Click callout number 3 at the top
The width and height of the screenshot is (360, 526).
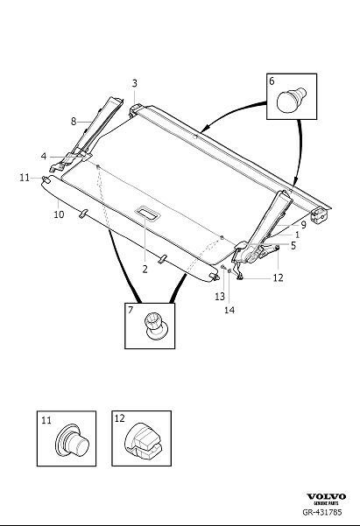click(x=135, y=84)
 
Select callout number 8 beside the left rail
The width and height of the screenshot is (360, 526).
click(x=74, y=122)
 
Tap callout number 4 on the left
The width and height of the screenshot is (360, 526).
click(x=43, y=157)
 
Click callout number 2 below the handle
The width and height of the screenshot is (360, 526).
click(x=145, y=270)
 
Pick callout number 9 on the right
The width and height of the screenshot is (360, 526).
click(x=303, y=225)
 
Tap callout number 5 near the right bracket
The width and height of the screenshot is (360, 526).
click(x=292, y=246)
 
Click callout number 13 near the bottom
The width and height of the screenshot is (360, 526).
click(x=220, y=297)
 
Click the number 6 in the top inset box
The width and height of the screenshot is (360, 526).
click(x=272, y=81)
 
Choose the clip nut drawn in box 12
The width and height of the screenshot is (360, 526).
click(x=144, y=441)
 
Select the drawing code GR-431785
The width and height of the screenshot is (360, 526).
click(x=331, y=515)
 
